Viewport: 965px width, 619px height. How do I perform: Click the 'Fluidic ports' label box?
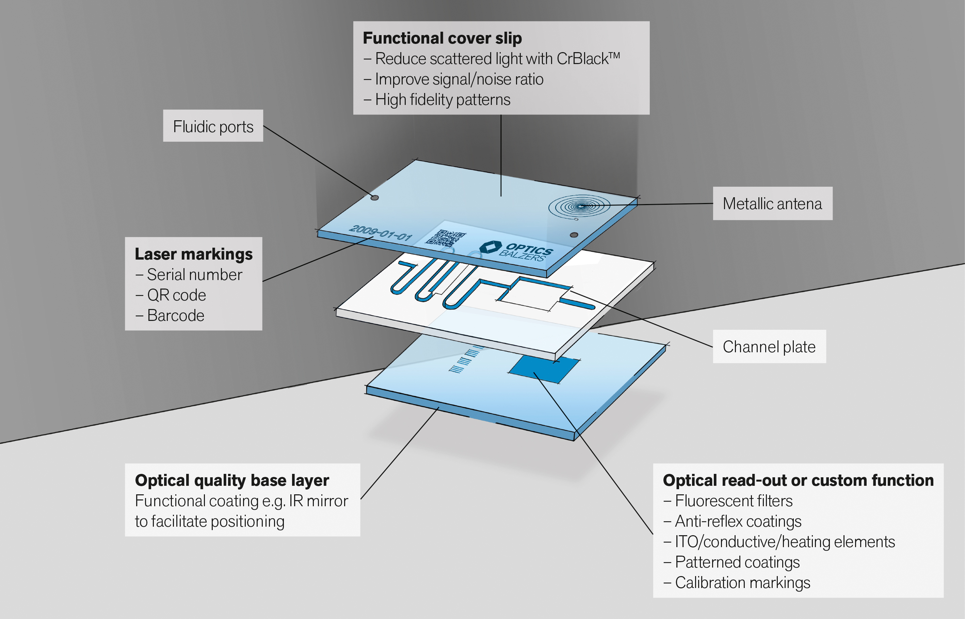coord(213,126)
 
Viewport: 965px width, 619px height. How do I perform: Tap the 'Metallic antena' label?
coord(772,203)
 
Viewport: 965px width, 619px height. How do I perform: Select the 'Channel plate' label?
coord(769,346)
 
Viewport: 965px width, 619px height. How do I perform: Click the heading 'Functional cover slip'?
coord(442,38)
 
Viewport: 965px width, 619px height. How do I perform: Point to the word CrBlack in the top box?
coord(582,59)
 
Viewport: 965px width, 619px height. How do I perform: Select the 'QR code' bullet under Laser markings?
coord(176,295)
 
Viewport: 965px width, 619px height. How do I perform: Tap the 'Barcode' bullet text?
coord(176,315)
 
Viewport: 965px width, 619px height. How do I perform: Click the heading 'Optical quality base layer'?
coord(232,480)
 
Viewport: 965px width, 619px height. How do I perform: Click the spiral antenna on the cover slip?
coord(579,206)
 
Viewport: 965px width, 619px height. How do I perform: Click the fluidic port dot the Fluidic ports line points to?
coord(374,197)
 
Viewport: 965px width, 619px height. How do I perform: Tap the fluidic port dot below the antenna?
coord(574,235)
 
